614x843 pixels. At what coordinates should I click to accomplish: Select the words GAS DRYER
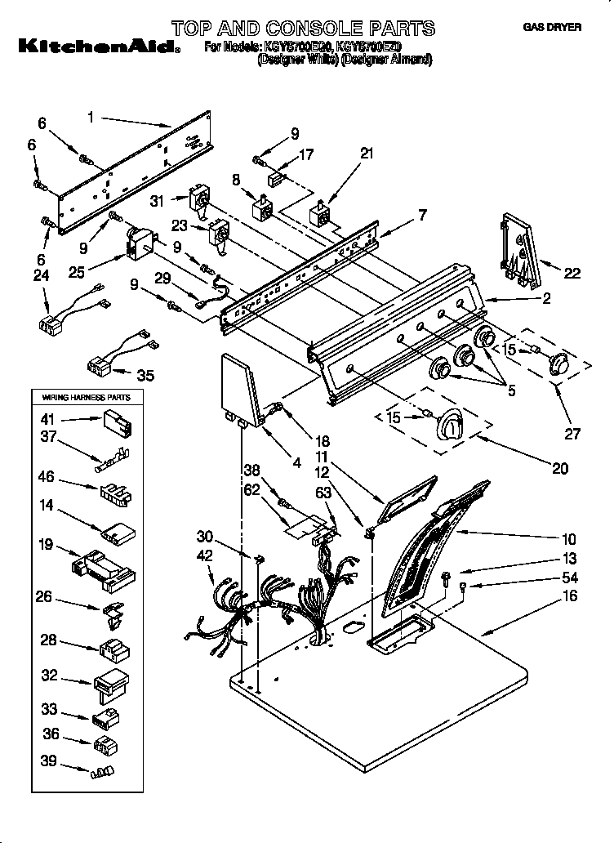click(551, 27)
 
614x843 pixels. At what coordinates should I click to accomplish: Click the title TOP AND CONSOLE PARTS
click(303, 29)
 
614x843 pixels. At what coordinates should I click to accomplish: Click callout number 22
click(572, 274)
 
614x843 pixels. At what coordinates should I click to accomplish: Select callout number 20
click(560, 468)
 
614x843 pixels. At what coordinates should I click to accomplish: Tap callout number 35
click(145, 376)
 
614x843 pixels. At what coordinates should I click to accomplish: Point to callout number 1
click(91, 118)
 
